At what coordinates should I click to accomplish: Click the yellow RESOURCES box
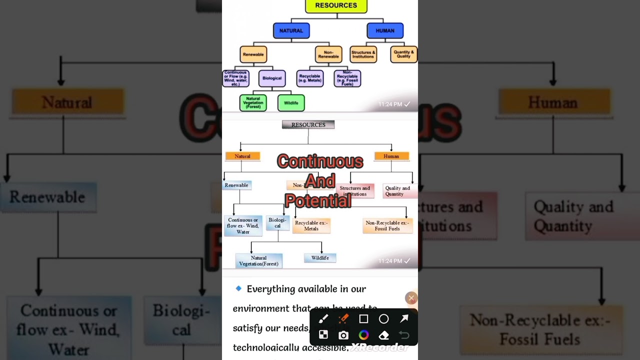[336, 5]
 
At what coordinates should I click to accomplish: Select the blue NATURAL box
[291, 30]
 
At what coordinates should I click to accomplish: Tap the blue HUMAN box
[385, 30]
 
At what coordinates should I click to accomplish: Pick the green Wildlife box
[291, 103]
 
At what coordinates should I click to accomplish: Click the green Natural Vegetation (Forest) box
[253, 103]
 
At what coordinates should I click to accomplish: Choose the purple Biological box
[272, 78]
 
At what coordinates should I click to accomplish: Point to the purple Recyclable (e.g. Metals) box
[310, 78]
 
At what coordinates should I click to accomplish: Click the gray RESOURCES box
[308, 125]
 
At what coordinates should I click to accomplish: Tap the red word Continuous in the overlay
[320, 161]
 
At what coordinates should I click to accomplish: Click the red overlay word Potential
[318, 201]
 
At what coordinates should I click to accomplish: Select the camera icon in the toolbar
[343, 335]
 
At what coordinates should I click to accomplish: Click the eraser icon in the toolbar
[384, 335]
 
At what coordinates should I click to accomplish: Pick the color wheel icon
[363, 335]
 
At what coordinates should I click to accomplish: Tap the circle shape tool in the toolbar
[383, 319]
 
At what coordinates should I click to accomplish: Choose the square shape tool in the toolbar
[363, 319]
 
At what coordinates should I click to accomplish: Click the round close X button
[411, 298]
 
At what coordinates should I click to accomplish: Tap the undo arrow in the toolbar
[404, 335]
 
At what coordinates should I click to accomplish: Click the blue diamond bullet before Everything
[238, 288]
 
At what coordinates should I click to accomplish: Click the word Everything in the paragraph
[269, 289]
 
